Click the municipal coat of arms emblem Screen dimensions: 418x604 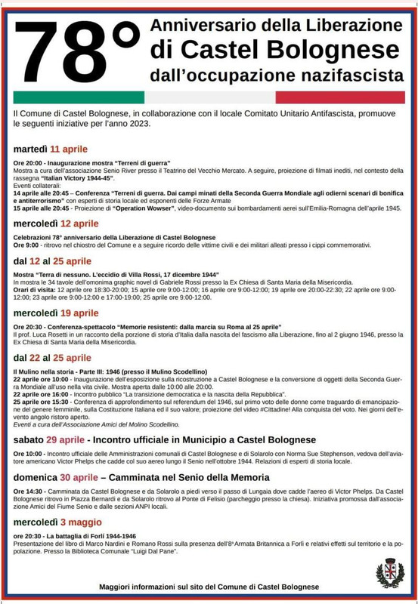tap(390, 572)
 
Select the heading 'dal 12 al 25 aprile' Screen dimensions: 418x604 tap(52, 261)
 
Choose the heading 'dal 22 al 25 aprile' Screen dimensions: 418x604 tap(52, 357)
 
